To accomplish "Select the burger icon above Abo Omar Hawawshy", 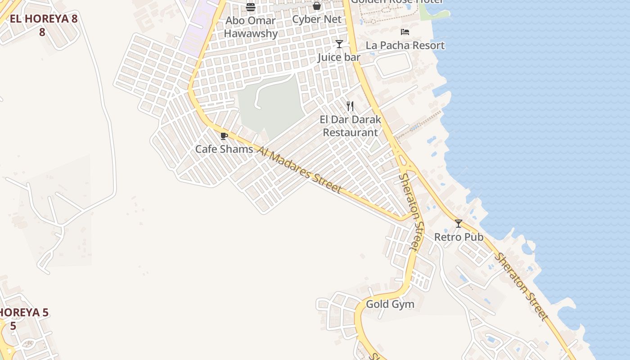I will [x=251, y=7].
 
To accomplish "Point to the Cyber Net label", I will [x=317, y=19].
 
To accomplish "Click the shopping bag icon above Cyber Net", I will [x=317, y=6].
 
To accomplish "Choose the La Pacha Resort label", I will [x=405, y=45].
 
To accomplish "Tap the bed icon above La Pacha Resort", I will [x=405, y=32].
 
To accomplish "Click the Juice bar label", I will [x=339, y=57].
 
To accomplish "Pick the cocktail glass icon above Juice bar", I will [x=339, y=44].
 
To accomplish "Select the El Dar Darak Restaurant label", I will [x=351, y=126].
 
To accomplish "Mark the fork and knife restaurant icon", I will [x=351, y=106].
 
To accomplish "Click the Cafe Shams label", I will [x=224, y=149].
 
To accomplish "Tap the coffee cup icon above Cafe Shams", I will [x=224, y=136].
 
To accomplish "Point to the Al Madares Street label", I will [x=300, y=169].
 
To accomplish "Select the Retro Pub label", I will [x=459, y=237].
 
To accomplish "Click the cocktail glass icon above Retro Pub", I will [x=459, y=224].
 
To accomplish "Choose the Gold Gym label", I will [x=390, y=304].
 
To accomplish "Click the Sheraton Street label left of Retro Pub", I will [x=412, y=211].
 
